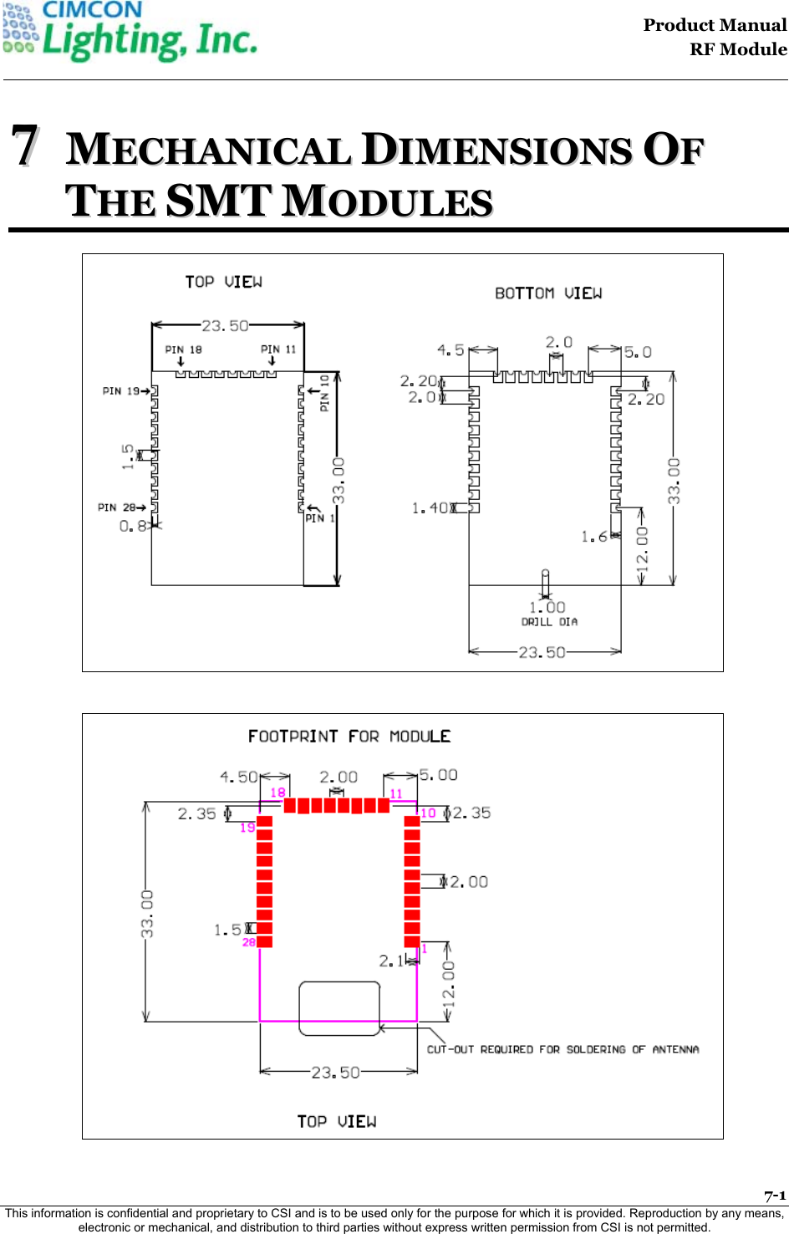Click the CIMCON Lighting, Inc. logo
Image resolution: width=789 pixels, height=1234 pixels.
[130, 32]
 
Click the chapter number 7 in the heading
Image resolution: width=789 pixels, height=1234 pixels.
[25, 145]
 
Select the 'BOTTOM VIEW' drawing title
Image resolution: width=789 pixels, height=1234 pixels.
[548, 293]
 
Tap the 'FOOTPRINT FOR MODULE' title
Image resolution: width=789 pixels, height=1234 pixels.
[349, 737]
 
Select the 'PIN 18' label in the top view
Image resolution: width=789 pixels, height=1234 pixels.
[183, 349]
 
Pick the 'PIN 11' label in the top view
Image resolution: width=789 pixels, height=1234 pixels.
[278, 349]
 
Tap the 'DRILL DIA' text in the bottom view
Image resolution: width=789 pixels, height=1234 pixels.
[549, 622]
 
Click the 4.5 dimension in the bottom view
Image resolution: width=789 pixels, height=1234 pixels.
[450, 350]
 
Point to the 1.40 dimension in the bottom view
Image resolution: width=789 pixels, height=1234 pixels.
[430, 507]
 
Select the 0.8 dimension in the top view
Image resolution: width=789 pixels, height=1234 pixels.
[132, 526]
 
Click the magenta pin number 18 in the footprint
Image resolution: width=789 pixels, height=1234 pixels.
[277, 792]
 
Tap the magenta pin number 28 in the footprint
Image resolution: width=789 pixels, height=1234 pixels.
[248, 942]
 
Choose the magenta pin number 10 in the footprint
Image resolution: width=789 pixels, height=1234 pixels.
[428, 813]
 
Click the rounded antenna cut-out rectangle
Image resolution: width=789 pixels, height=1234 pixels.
[339, 1008]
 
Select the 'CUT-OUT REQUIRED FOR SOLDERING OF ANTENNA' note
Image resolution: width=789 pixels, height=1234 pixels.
[562, 1049]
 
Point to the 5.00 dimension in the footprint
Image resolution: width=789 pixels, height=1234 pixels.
[438, 775]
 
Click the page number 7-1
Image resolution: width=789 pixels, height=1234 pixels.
[775, 1196]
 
